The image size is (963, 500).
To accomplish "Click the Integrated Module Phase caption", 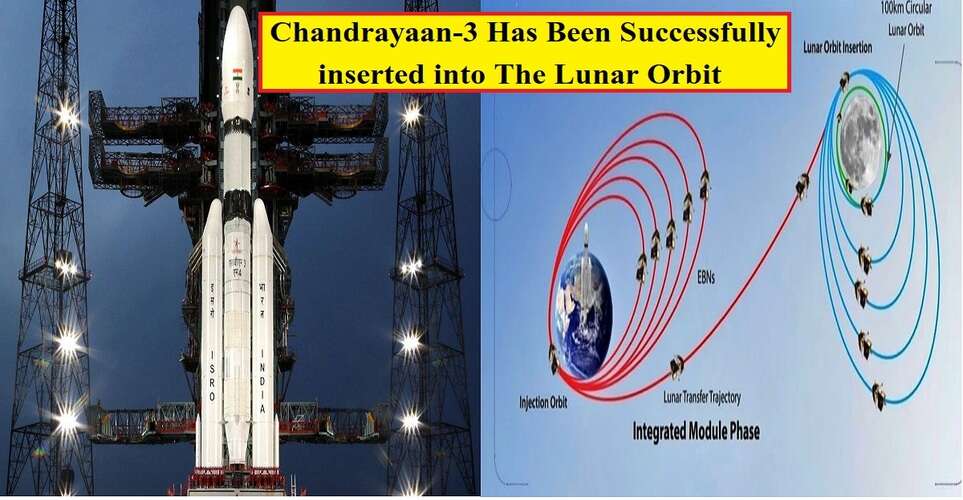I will tap(694, 432).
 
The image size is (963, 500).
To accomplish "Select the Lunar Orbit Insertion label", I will tap(849, 45).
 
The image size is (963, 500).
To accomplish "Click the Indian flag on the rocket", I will tap(237, 74).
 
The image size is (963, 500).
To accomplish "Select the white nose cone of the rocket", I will tap(237, 40).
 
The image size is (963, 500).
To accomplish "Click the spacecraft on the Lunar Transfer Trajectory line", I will tap(677, 367).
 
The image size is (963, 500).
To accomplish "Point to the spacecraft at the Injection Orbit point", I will tap(553, 358).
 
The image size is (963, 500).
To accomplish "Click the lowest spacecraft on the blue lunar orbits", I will tap(878, 396).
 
